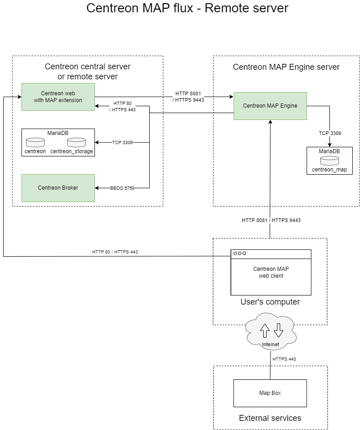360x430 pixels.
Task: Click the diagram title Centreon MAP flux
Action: coord(187,8)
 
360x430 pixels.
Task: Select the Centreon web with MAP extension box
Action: coord(58,97)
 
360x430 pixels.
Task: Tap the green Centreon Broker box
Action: coord(58,188)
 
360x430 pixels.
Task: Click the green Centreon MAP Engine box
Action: coord(270,106)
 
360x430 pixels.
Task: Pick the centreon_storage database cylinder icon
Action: coord(76,142)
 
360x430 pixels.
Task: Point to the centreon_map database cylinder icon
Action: coord(329,161)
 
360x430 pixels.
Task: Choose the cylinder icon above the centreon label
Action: coord(35,142)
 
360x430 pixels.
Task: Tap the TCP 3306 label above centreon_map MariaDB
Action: coord(330,133)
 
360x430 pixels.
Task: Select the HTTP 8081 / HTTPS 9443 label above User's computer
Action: coord(271,220)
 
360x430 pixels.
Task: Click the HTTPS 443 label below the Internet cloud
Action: coord(284,359)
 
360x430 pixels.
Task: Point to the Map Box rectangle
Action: coord(270,393)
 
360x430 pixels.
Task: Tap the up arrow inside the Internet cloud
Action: coord(265,330)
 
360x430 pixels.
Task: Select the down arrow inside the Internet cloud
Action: coord(278,330)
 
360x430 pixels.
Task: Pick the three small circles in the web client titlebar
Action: coord(240,253)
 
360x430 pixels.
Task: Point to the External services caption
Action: coord(270,418)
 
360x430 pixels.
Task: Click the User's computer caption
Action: coord(270,302)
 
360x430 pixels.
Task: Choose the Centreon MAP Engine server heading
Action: coord(286,67)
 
